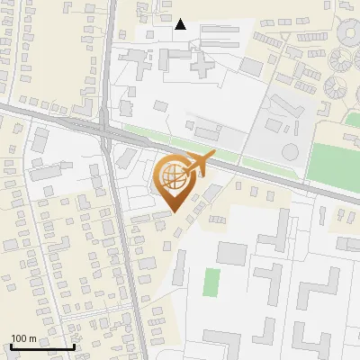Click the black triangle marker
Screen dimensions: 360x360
pos(181,24)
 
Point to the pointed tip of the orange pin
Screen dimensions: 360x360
pos(173,211)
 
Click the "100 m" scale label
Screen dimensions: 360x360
pos(23,338)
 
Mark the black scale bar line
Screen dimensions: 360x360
pos(42,346)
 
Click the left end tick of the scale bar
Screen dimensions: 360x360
pos(11,346)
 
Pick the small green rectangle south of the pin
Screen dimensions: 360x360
pos(211,282)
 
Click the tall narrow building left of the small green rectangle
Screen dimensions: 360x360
pos(180,268)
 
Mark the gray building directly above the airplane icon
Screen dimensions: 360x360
pos(203,131)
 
